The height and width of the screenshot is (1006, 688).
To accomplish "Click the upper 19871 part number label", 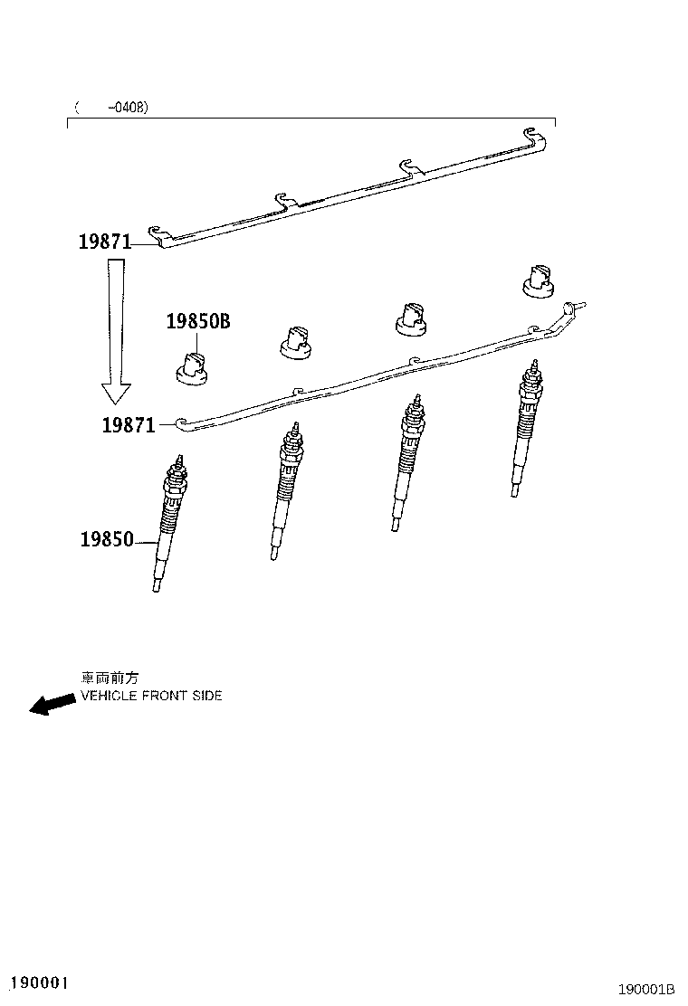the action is (105, 242).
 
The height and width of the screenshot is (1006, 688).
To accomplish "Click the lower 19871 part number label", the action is (129, 424).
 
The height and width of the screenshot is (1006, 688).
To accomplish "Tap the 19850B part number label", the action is (198, 321).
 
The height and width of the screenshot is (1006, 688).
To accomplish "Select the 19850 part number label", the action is (107, 539).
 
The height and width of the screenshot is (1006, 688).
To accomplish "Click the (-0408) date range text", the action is (111, 107).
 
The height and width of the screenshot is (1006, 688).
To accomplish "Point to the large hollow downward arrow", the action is (116, 331).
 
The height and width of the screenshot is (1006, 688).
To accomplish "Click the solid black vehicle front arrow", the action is (52, 704).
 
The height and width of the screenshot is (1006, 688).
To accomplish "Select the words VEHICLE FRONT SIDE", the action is (151, 696).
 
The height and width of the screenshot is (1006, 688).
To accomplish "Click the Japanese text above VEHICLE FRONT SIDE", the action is (110, 678).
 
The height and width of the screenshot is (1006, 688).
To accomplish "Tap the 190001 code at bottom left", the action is (40, 982).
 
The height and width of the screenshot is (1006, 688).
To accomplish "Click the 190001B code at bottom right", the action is (646, 989).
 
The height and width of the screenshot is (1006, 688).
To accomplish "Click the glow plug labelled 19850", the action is (168, 523).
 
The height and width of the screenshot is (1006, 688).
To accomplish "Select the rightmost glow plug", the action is (527, 429).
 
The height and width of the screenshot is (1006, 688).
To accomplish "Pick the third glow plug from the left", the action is (406, 462).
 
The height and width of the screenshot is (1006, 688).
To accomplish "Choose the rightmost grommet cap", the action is (539, 281).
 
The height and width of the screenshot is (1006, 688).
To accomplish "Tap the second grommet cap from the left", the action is (296, 342).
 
